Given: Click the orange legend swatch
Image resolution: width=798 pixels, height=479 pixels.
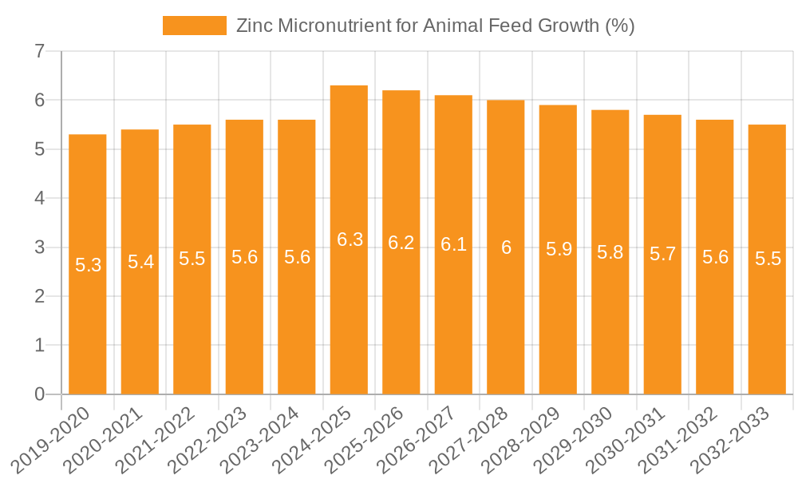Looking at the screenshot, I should (x=195, y=26).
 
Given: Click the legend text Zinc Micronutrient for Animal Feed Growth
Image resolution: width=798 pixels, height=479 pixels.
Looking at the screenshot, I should (x=435, y=26).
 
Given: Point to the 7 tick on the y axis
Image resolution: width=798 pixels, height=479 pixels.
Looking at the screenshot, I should (x=39, y=52).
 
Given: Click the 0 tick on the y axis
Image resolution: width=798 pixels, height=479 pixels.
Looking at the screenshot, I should (x=39, y=394).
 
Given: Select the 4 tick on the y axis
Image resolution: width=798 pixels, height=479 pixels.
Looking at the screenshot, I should (x=39, y=199).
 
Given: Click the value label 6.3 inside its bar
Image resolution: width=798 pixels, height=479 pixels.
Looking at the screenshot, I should (x=350, y=239).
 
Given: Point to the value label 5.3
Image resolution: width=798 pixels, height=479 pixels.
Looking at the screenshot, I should (x=88, y=265).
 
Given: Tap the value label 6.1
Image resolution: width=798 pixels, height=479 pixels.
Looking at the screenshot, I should (x=453, y=245).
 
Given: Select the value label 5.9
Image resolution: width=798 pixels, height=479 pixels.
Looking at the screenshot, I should (x=559, y=250).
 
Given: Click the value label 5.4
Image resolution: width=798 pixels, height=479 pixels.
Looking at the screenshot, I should (x=140, y=262).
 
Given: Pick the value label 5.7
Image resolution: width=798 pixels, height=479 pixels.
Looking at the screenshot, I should (x=662, y=255).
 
